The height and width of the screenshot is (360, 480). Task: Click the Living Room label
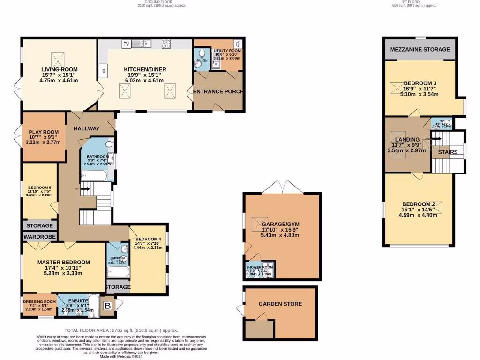click(59, 69)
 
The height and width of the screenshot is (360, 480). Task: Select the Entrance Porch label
click(218, 91)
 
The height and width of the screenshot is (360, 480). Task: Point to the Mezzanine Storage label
click(420, 49)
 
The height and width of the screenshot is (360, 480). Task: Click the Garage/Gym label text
click(281, 225)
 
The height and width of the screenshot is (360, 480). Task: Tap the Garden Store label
click(280, 304)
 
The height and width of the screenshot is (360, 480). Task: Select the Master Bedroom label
click(64, 262)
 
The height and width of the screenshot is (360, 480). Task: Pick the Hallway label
click(86, 128)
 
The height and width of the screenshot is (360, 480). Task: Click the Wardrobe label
click(40, 237)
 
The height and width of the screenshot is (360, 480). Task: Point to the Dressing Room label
click(40, 302)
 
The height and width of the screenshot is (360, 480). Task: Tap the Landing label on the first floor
click(407, 140)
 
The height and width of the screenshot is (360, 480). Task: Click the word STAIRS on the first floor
click(448, 152)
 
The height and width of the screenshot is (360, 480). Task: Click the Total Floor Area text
click(121, 330)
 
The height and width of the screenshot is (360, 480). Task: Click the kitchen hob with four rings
click(166, 44)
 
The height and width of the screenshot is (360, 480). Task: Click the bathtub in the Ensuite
click(93, 305)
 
